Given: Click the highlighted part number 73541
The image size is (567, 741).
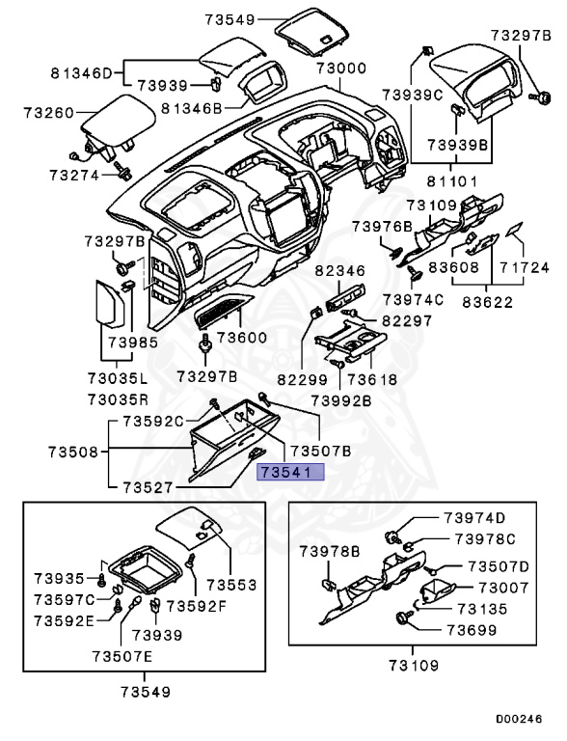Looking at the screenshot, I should point(290,472).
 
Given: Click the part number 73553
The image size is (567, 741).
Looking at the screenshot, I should point(229,585).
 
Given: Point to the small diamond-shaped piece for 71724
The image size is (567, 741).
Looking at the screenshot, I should point(517,231).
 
